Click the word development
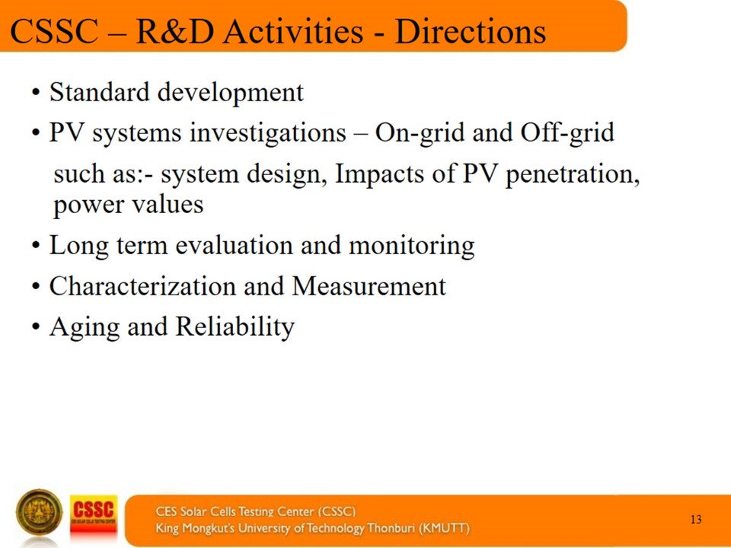(x=231, y=93)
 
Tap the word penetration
(x=573, y=175)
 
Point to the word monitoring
(x=412, y=247)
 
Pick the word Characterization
(x=142, y=285)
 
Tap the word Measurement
(x=369, y=285)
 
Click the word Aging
(x=85, y=327)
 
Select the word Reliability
(x=235, y=327)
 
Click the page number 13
(x=696, y=519)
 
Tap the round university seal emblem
(x=39, y=512)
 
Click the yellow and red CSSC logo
(x=93, y=516)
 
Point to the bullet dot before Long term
(x=36, y=245)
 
